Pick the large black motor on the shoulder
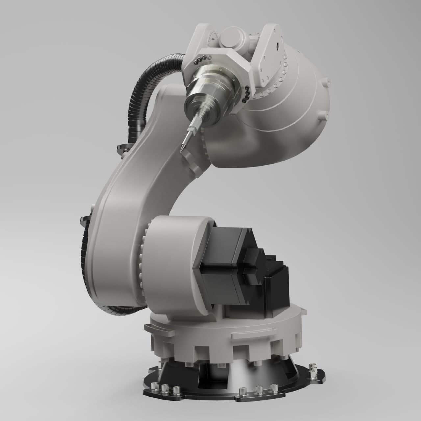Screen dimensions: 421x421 coord(224,260)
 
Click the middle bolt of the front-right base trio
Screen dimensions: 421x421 coord(259,390)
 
